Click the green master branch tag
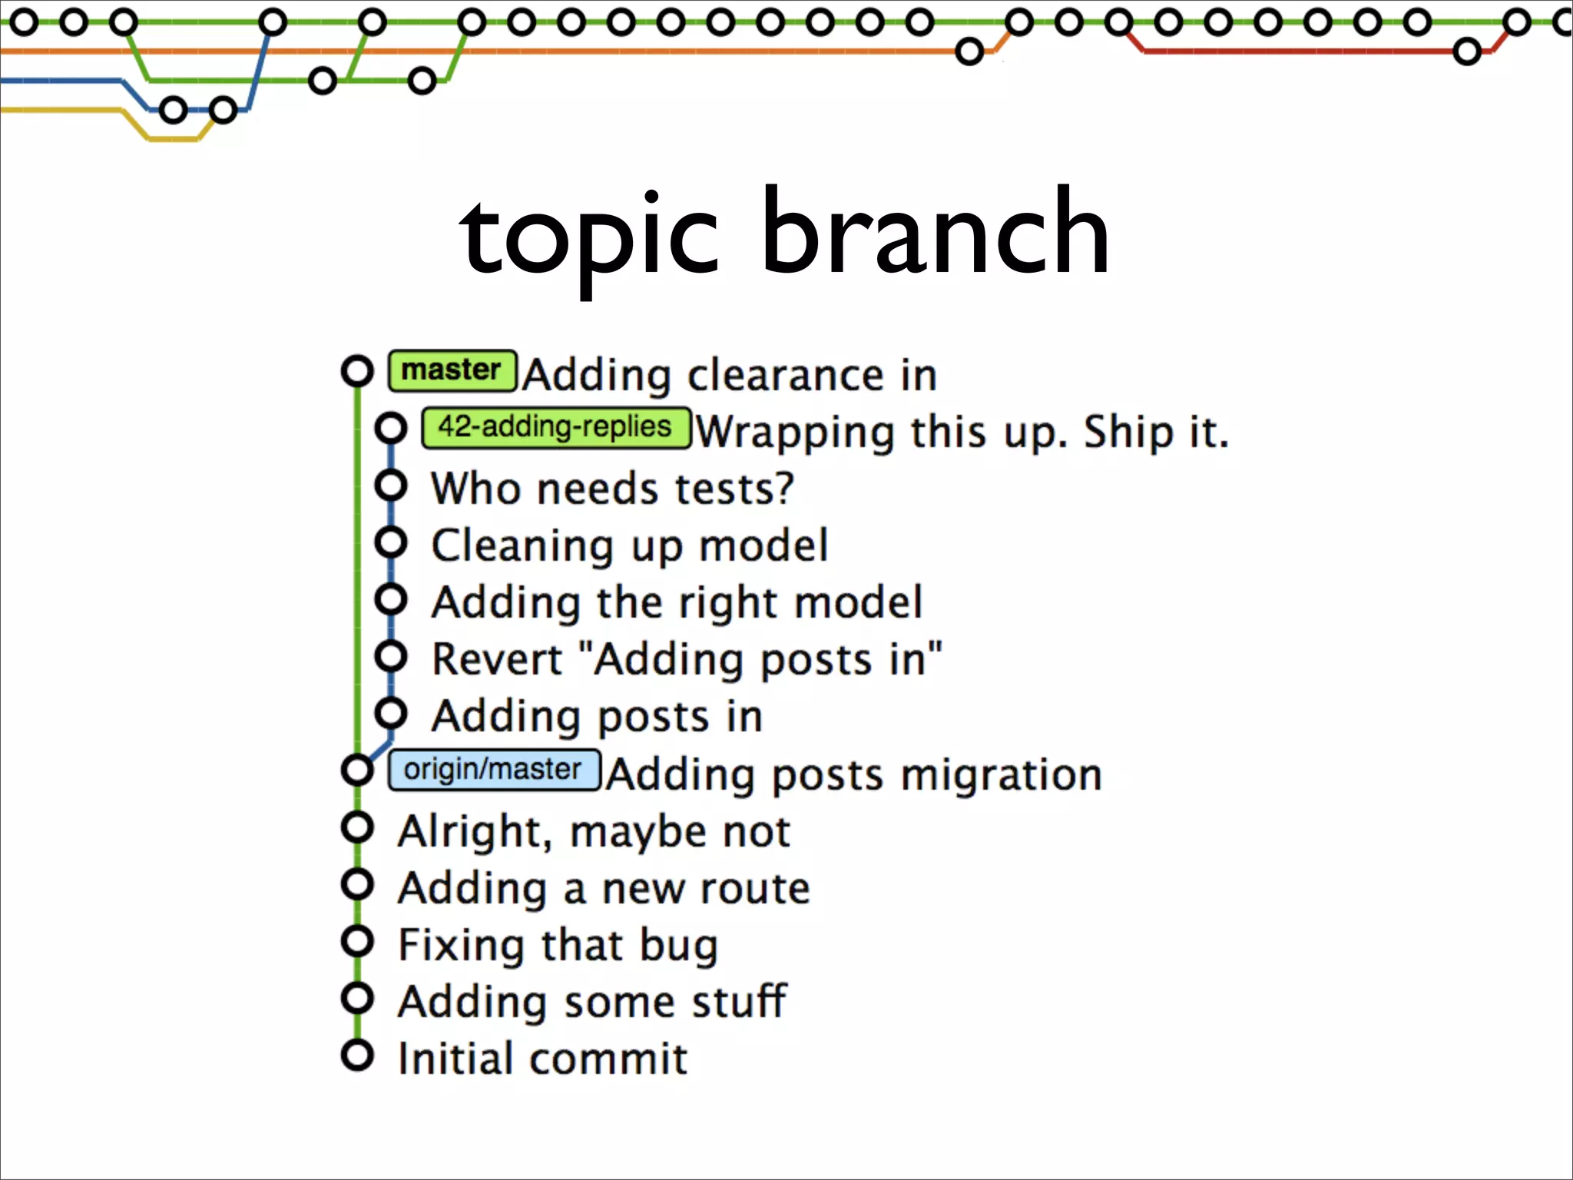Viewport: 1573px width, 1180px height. click(x=452, y=370)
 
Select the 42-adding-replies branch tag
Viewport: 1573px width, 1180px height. click(x=555, y=427)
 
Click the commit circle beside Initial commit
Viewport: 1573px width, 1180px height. click(x=357, y=1056)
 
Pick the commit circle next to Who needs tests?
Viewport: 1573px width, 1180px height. click(x=391, y=485)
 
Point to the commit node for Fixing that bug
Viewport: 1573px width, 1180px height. click(x=357, y=941)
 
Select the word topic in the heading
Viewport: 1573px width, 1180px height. click(x=589, y=234)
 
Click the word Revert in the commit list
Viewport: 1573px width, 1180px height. click(x=497, y=660)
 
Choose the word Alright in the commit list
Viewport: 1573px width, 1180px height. click(x=474, y=832)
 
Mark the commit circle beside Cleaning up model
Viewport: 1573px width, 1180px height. click(x=391, y=542)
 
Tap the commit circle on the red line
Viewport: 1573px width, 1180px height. click(x=1467, y=52)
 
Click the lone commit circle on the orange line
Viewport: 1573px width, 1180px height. click(x=969, y=52)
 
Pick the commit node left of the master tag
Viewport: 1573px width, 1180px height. click(x=357, y=371)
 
